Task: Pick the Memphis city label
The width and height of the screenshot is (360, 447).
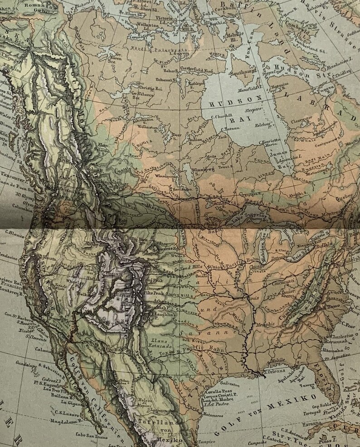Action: [x=265, y=324]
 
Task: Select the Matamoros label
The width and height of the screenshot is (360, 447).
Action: [x=211, y=414]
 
